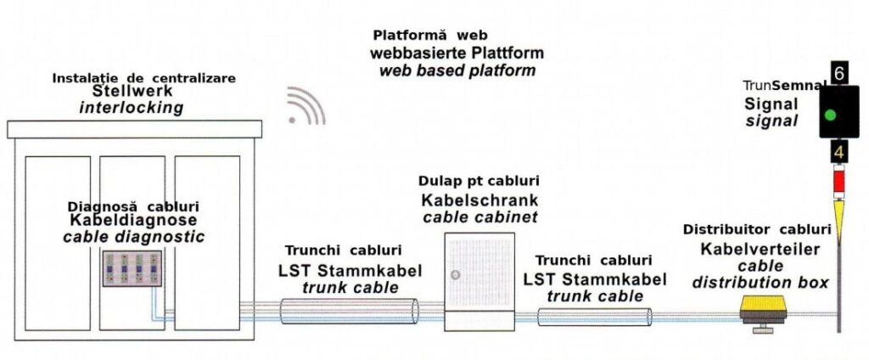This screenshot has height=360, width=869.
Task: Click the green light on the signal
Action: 830,115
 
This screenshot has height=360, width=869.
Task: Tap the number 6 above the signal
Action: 838,74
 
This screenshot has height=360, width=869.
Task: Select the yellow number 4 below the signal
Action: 838,151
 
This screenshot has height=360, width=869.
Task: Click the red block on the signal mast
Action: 838,181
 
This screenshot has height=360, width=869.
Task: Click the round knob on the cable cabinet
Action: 456,274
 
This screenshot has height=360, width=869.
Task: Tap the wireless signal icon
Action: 306,105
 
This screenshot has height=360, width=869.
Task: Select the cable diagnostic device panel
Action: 132,269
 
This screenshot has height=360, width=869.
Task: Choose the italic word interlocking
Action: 131,108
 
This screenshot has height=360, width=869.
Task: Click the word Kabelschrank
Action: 479,200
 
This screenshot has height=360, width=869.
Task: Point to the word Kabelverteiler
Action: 760,249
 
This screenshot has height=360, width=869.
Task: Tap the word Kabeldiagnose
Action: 133,220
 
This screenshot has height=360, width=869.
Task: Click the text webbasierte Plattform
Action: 457,53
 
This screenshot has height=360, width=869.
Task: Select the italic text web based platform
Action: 457,70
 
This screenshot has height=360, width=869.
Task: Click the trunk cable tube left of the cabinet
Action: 349,311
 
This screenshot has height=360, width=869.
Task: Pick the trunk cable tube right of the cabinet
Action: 595,318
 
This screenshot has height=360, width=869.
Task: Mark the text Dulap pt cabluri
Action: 479,181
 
